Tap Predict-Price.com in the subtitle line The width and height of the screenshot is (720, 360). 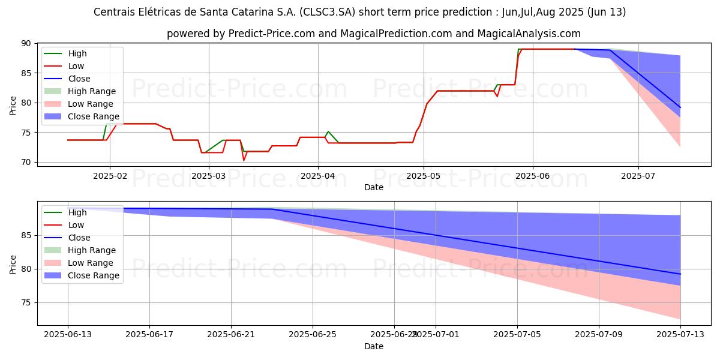click(x=271, y=34)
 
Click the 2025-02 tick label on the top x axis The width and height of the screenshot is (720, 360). click(x=109, y=176)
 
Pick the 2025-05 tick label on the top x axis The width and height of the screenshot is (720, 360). click(x=424, y=176)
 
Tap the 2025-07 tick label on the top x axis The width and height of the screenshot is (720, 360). click(x=638, y=176)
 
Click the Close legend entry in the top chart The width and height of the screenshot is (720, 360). click(x=79, y=79)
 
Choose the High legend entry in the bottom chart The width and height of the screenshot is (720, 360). click(x=77, y=212)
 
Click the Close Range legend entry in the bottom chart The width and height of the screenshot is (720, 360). click(x=93, y=275)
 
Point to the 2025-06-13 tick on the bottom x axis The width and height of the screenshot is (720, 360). click(x=68, y=335)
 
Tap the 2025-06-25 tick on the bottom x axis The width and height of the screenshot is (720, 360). click(x=313, y=335)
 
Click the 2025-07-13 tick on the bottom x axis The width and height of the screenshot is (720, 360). click(x=680, y=335)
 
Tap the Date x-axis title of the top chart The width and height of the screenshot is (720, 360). click(x=374, y=187)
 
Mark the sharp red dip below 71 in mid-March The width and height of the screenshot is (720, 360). click(x=244, y=160)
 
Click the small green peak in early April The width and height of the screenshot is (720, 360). click(x=328, y=131)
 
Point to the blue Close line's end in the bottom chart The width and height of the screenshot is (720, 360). click(x=680, y=274)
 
